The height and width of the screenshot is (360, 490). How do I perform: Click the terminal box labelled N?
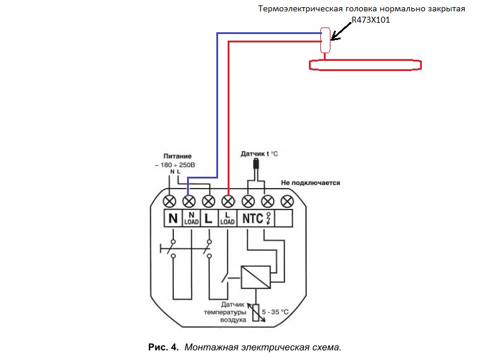(172, 218)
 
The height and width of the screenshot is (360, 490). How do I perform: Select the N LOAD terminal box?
(191, 218)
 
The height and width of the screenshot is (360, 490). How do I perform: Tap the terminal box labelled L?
(209, 218)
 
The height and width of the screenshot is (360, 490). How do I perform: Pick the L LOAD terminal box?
(228, 218)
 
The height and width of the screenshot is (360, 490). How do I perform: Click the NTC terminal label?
(252, 218)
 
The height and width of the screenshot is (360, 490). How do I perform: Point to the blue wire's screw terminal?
(189, 201)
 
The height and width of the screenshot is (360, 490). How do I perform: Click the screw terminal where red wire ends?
(228, 201)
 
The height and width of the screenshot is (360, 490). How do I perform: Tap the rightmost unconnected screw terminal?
(287, 201)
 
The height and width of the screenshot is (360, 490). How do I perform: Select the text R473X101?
(370, 19)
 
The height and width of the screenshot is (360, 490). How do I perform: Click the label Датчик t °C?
(259, 154)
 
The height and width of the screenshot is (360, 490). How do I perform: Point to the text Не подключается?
(310, 183)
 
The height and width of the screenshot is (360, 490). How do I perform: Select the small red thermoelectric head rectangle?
(326, 40)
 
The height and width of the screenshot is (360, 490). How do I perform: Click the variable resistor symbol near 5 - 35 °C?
(256, 312)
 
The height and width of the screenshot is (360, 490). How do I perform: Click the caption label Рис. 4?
(163, 347)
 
